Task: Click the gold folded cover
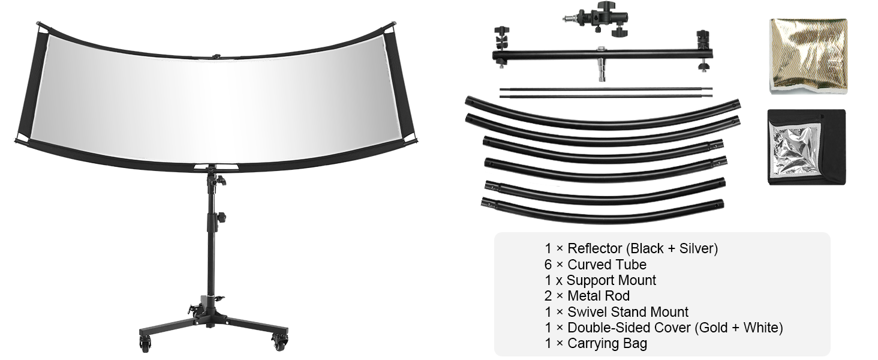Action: tap(808, 56)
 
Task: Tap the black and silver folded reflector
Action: tap(806, 147)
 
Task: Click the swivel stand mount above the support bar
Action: tap(597, 18)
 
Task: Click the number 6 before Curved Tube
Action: tap(548, 265)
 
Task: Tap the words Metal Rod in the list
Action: tap(599, 296)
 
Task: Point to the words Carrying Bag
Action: tap(607, 343)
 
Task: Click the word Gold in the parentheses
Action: tap(712, 328)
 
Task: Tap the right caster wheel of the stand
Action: tap(280, 343)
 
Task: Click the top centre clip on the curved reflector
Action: tap(215, 56)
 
